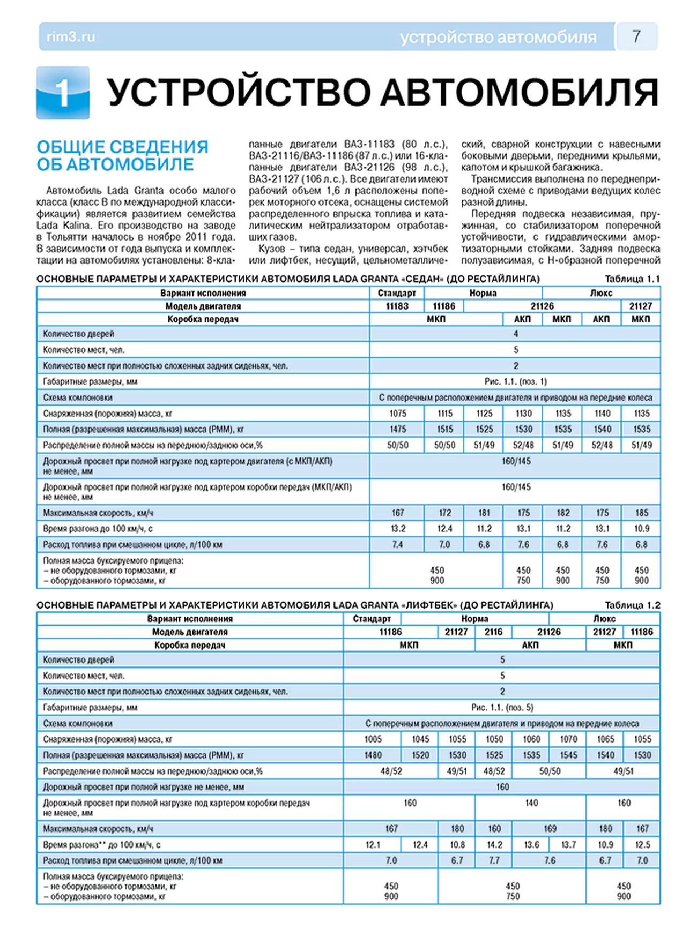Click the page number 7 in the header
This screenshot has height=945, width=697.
[636, 36]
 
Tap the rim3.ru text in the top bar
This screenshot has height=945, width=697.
[71, 37]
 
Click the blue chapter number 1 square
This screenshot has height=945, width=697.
[63, 93]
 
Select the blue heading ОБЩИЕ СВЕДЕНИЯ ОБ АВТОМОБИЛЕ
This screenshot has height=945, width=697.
[122, 155]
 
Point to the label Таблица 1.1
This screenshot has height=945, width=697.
[632, 279]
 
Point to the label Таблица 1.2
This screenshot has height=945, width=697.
[632, 605]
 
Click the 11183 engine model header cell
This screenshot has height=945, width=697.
[397, 306]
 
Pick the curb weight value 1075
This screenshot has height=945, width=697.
[398, 414]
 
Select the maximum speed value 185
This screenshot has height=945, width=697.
[641, 513]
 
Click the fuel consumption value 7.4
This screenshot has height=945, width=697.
[397, 545]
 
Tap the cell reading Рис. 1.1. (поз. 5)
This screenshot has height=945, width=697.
[502, 708]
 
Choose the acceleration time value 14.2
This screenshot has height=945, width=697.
[494, 845]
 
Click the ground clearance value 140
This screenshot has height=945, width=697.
[531, 803]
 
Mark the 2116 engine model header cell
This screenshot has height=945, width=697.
[493, 632]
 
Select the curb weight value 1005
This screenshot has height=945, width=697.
[373, 739]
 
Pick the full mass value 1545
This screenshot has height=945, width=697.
[568, 755]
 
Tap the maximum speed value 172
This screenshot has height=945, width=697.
[444, 513]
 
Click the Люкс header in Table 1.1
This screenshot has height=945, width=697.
[601, 293]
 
